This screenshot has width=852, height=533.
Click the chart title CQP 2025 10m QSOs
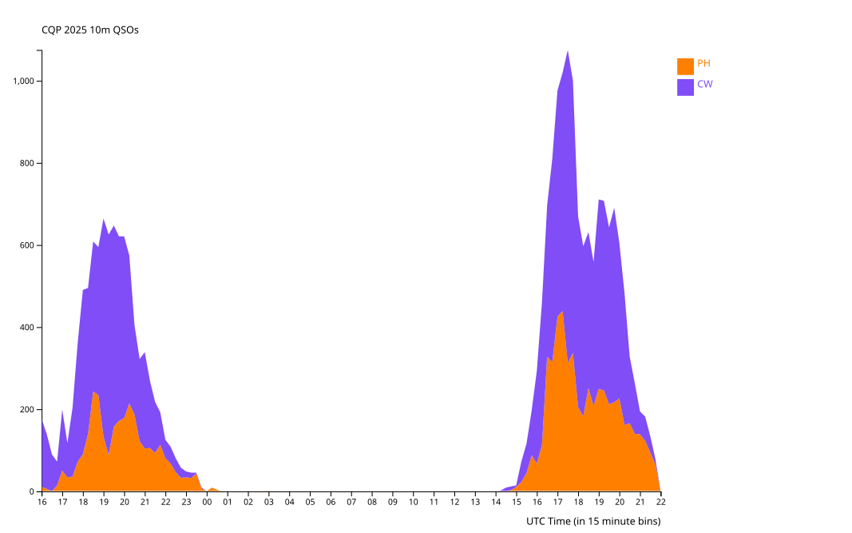pos(90,30)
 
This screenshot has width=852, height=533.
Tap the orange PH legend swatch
pos(685,66)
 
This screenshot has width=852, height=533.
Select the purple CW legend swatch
pos(685,87)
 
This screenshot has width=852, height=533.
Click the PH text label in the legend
pos(703,64)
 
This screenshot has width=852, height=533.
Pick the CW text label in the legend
pos(704,84)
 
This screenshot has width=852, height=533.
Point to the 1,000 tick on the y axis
pos(23,82)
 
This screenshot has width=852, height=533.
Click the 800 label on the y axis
pos(26,164)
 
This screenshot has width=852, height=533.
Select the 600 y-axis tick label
pos(26,245)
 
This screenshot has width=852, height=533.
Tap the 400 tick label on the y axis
pos(26,328)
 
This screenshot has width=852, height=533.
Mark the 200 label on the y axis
pos(26,410)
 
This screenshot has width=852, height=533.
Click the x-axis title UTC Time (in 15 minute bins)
pos(593,521)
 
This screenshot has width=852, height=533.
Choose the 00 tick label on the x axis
pos(207,503)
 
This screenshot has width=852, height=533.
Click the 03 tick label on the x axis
pos(269,503)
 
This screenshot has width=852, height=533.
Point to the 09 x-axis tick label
pos(393,503)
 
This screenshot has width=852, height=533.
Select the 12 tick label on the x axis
pos(454,503)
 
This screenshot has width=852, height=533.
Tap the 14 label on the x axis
pos(496,503)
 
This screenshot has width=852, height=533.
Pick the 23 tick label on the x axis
pos(186,503)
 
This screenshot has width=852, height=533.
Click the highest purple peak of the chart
pos(568,51)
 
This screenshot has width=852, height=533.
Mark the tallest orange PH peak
pos(562,313)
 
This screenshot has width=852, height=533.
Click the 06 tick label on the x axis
pos(331,503)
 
